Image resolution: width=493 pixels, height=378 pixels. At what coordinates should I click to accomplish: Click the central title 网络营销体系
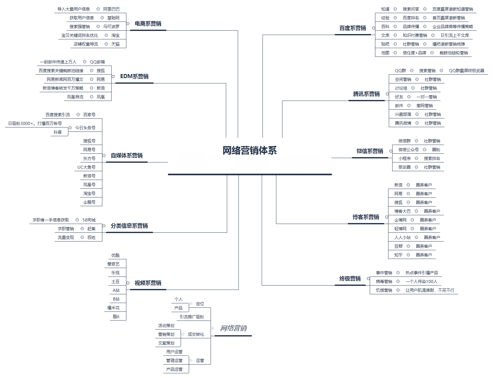tap(250, 151)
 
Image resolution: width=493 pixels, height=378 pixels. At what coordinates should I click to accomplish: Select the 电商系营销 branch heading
tap(148, 24)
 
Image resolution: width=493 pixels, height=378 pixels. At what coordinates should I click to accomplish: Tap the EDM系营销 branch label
tap(134, 77)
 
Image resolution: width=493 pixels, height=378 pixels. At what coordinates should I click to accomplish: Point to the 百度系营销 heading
tap(353, 28)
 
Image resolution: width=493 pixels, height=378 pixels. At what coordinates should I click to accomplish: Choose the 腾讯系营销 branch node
tap(366, 94)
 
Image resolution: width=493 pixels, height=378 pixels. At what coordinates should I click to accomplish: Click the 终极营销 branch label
tap(350, 279)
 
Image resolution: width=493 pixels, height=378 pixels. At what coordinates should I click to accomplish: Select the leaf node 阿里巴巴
tap(111, 9)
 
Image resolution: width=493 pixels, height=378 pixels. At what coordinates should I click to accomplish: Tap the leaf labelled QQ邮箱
tap(97, 62)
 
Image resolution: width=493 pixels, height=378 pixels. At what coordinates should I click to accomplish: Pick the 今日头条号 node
tap(85, 128)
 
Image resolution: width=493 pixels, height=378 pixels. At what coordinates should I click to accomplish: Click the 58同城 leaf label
tap(89, 220)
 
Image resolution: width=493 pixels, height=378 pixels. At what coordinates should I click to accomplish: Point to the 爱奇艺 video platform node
tap(113, 264)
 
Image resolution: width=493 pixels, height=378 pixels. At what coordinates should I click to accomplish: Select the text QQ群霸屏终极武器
tap(466, 71)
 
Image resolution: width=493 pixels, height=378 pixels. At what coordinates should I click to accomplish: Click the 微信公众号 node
tap(408, 150)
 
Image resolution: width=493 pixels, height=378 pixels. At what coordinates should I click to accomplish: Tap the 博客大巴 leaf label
tap(402, 211)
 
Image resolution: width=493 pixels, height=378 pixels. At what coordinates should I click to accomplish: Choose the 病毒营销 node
tap(384, 281)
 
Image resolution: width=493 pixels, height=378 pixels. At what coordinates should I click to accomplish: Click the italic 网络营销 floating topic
tap(233, 328)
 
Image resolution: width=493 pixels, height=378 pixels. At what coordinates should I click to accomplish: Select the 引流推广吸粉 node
tap(192, 317)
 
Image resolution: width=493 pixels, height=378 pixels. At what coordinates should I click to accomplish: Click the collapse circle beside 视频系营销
tap(128, 283)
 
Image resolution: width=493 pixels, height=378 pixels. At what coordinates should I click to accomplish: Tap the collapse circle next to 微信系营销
tap(391, 151)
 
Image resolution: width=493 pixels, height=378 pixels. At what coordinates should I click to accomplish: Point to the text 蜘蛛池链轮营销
tap(454, 53)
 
